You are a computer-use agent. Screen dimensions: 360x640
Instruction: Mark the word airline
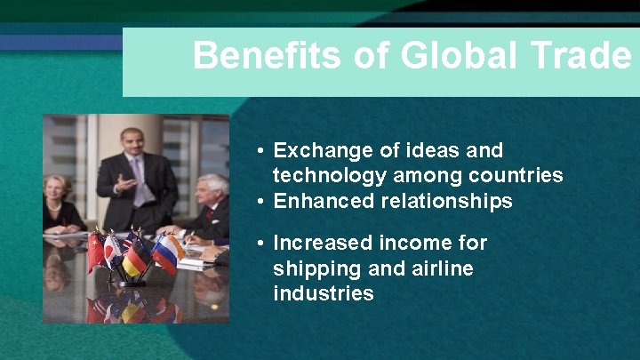(442, 268)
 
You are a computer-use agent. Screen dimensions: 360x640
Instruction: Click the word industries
(324, 293)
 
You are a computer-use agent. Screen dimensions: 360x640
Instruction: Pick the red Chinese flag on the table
(95, 251)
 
